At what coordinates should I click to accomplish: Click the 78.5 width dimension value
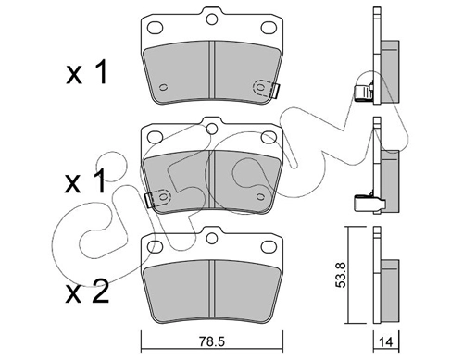(x=212, y=341)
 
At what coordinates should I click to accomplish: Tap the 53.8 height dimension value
(x=342, y=275)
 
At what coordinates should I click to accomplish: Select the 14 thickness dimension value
(x=386, y=342)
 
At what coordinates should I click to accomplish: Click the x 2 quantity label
(x=87, y=291)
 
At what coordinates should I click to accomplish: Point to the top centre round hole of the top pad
(x=212, y=19)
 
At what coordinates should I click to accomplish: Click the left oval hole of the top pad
(x=155, y=28)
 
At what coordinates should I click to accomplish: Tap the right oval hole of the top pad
(x=269, y=28)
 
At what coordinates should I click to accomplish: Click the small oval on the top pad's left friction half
(x=164, y=88)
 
